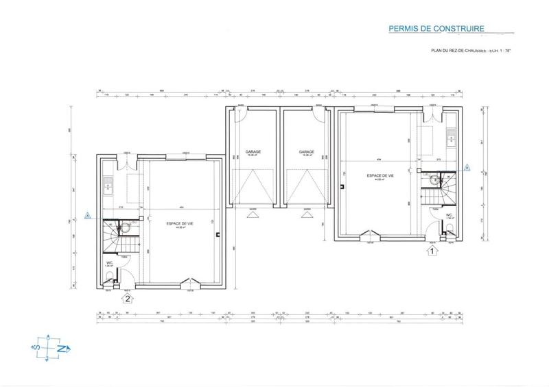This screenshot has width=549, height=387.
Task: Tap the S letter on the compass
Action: [34, 349]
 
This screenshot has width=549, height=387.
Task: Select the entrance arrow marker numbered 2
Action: [126, 298]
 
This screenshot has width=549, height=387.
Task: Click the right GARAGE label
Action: [306, 152]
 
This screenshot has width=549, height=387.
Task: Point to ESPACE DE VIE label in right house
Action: [380, 175]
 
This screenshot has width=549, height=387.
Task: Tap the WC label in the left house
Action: [108, 262]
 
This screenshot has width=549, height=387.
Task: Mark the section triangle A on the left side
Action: [86, 215]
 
